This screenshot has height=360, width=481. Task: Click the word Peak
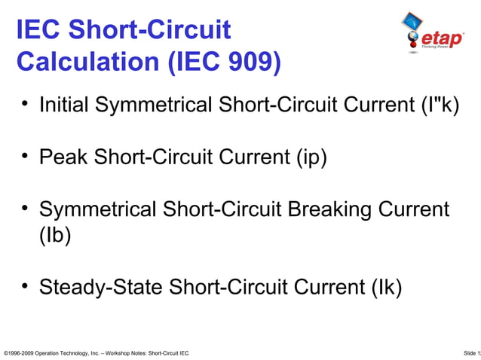(63, 157)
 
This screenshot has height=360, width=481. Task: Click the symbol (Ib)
(54, 235)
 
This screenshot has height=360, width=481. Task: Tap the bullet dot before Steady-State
(25, 285)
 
